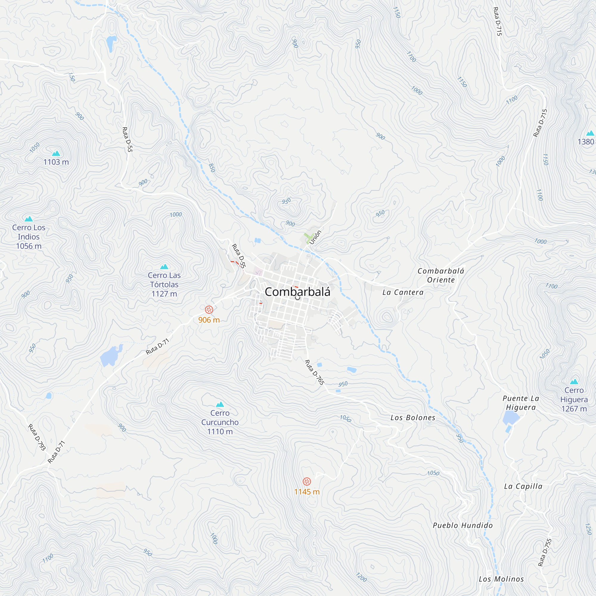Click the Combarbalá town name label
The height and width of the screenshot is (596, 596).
[x=297, y=292]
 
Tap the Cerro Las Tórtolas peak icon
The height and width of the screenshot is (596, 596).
[x=164, y=266]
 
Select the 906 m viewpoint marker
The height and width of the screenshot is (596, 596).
[x=209, y=309]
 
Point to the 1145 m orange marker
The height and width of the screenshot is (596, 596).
[x=307, y=481]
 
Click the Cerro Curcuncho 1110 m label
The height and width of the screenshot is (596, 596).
[x=220, y=422]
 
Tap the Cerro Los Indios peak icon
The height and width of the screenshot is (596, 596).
[x=29, y=219]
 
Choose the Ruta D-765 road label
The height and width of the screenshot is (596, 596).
[x=314, y=372]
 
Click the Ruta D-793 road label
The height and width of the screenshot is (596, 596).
[x=37, y=437]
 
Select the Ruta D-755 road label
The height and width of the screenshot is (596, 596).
[x=544, y=552]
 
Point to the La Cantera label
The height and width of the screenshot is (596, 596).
[x=403, y=292]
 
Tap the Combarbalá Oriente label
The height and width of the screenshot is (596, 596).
[x=441, y=275]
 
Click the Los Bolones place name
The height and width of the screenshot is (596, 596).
[x=413, y=418]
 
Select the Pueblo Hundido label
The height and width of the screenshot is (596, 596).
[x=462, y=525]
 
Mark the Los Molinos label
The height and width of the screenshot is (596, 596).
[x=501, y=579]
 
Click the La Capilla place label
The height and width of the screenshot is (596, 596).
[x=523, y=487]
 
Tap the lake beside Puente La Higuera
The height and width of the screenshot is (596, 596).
[x=510, y=418]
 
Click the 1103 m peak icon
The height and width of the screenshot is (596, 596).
[x=56, y=153]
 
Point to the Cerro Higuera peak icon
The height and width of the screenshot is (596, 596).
[x=574, y=381]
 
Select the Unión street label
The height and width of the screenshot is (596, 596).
[x=315, y=237]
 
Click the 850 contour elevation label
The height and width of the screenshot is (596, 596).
[x=212, y=168]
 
